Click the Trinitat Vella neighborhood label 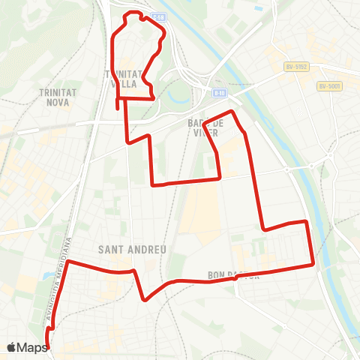click(124, 78)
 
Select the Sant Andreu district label click(131, 249)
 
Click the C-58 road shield click(157, 16)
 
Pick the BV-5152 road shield click(297, 67)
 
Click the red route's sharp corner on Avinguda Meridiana click(68, 262)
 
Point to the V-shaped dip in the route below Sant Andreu click(145, 299)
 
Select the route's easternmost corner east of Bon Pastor click(313, 265)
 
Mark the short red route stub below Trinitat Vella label click(118, 103)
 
